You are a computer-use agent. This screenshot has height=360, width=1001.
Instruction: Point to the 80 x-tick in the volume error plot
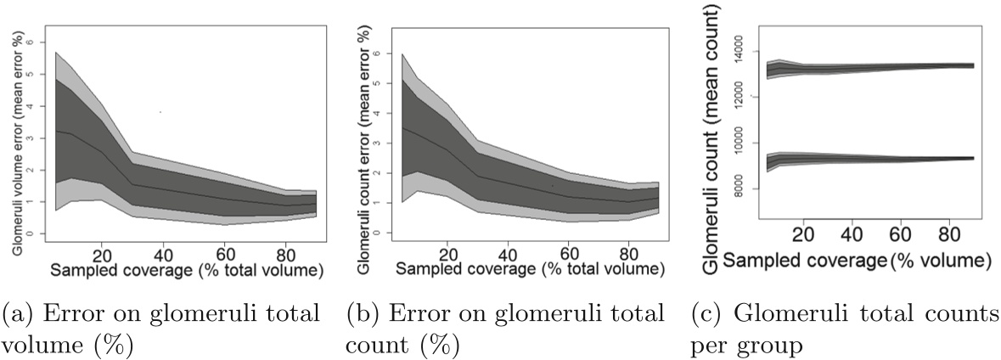(289, 253)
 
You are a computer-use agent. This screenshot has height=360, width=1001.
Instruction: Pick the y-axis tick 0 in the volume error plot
(31, 233)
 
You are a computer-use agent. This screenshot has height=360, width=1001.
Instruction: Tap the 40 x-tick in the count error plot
(507, 254)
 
